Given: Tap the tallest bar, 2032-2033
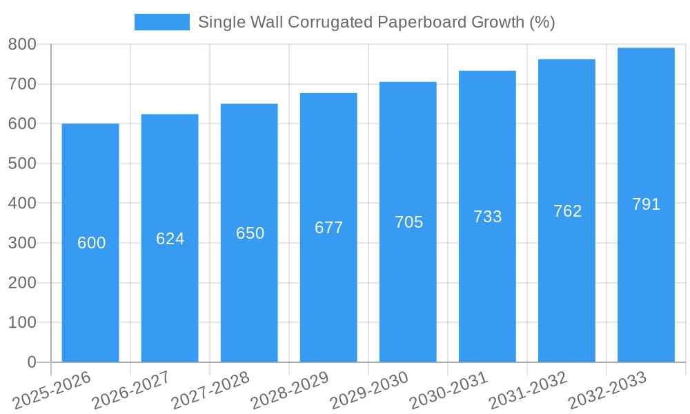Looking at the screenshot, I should tap(646, 276).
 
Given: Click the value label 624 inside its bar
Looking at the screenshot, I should tap(170, 239).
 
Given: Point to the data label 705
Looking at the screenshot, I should tap(408, 222).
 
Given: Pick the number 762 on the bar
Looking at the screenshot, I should tap(567, 211).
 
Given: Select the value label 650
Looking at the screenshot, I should tap(250, 233).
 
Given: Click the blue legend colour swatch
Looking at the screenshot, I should tap(162, 22).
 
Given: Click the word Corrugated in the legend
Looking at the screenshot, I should tap(331, 22).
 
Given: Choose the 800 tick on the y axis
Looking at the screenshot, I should tap(22, 44).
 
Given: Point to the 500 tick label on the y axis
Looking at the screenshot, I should tap(22, 164).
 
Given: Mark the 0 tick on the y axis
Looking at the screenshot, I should tap(32, 362).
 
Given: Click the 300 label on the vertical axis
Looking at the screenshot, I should tap(22, 243).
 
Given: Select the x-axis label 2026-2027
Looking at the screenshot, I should tap(131, 391).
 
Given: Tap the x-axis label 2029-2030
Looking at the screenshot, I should tap(369, 391).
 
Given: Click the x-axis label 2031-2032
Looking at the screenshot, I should tap(528, 391).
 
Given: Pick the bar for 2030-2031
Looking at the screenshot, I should tap(487, 290).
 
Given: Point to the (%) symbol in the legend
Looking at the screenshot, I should tap(542, 22).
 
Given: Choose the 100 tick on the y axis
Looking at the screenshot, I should tap(22, 322).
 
